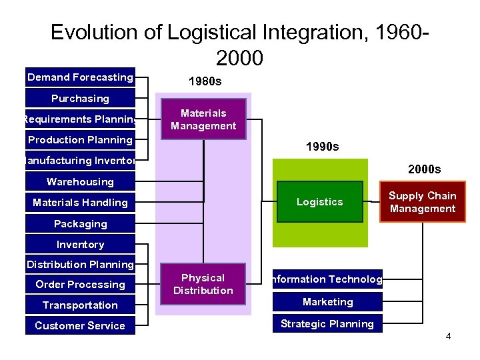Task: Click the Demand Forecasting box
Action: [x=80, y=77]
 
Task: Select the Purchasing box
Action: [x=80, y=99]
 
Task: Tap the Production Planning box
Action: [x=80, y=140]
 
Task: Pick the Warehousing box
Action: [x=80, y=182]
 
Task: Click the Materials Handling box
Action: [x=80, y=203]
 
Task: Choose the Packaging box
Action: [x=80, y=224]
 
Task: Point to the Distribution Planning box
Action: [x=80, y=265]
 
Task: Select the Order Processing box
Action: [x=80, y=285]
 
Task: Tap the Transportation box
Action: [x=80, y=305]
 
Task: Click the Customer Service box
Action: [x=80, y=326]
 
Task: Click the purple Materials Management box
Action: [x=203, y=120]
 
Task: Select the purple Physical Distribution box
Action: [x=203, y=284]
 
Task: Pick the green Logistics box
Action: [x=320, y=202]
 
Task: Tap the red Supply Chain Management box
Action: [x=423, y=202]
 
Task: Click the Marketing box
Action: [x=327, y=302]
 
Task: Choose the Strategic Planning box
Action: [x=327, y=324]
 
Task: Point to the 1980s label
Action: [x=205, y=82]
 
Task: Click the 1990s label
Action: [x=322, y=146]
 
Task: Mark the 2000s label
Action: [x=424, y=169]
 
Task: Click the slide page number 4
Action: [x=449, y=336]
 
